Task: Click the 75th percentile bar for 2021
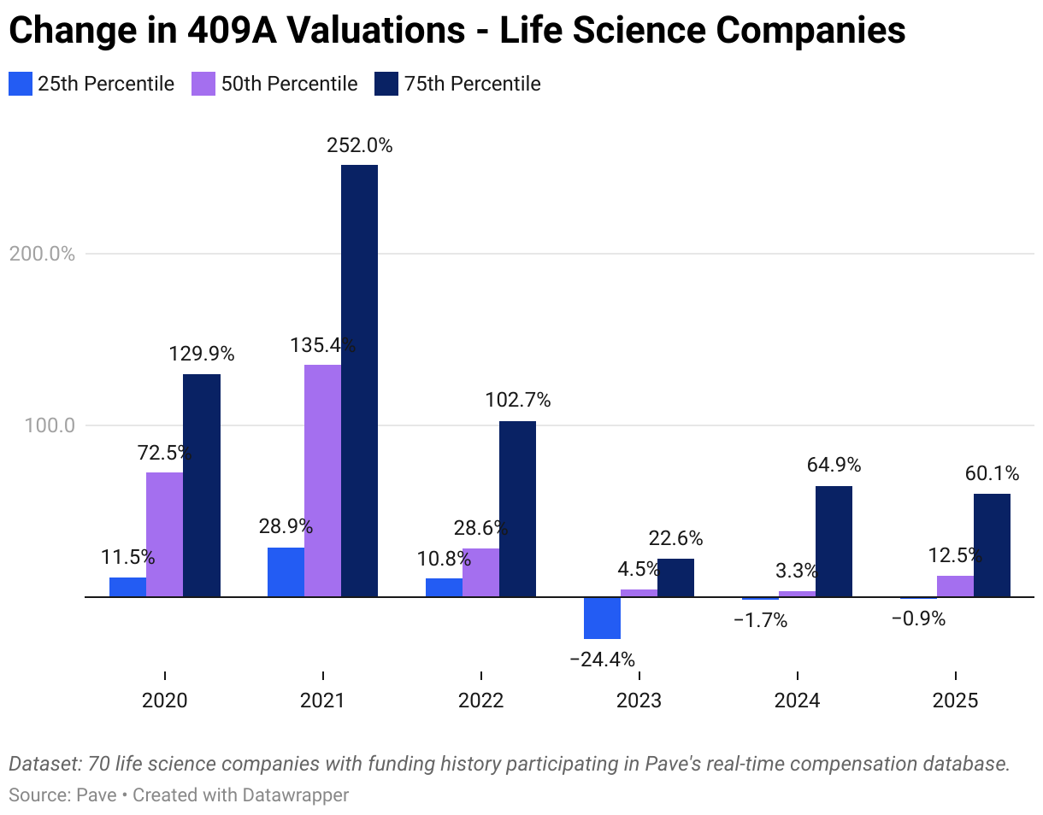click(x=359, y=380)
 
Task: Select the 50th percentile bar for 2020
click(x=164, y=534)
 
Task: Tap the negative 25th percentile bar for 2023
click(x=602, y=618)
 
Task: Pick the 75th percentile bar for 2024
click(x=834, y=541)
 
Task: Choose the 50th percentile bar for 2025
click(x=955, y=586)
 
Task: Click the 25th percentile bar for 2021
click(x=286, y=572)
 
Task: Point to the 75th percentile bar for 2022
click(x=517, y=508)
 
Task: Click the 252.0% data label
click(x=359, y=146)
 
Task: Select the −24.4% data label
click(x=602, y=660)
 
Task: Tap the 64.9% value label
click(x=834, y=466)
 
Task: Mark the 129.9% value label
click(x=201, y=354)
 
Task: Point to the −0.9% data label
click(x=918, y=619)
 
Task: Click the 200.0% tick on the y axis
click(x=41, y=254)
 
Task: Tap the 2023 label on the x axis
click(x=639, y=701)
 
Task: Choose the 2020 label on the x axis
click(x=164, y=701)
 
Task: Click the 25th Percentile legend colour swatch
click(x=20, y=84)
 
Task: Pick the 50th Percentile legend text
click(x=289, y=84)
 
